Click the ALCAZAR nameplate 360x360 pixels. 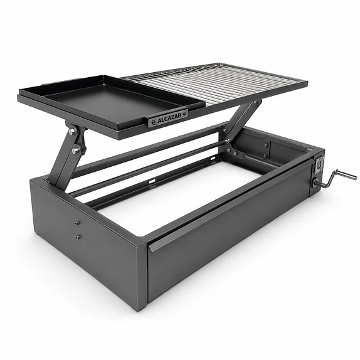[168, 118]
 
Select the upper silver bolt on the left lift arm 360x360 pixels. [72, 132]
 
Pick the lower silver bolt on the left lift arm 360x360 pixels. [75, 151]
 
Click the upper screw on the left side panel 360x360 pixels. [77, 223]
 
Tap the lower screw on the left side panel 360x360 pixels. [78, 236]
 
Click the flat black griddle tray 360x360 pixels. [113, 100]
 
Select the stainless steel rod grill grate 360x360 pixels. [216, 84]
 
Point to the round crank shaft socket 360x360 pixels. [315, 183]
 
